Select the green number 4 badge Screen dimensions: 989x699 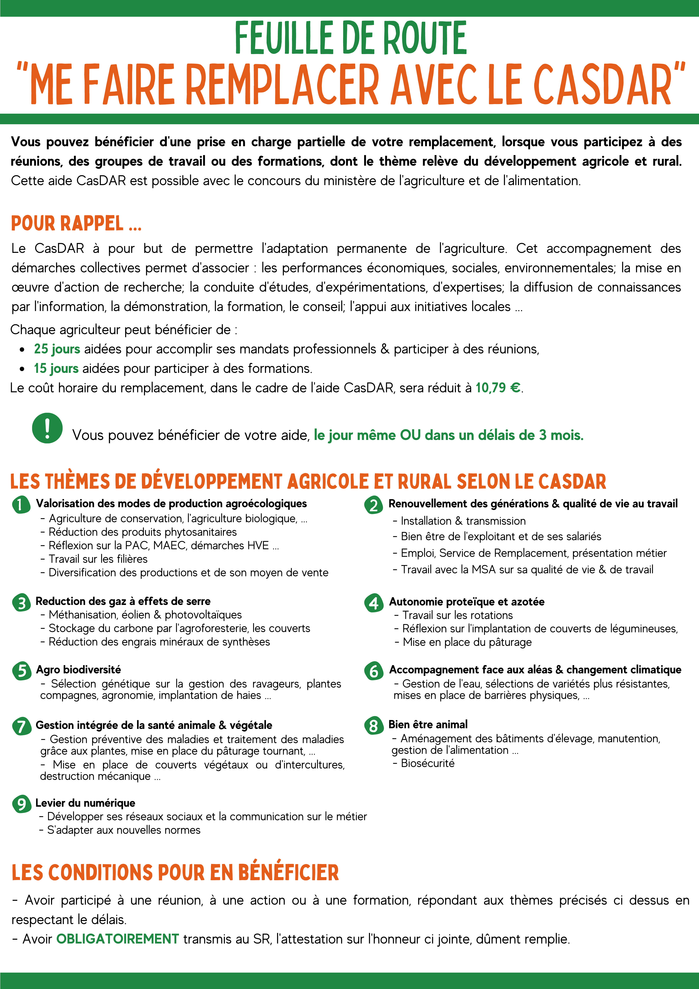[x=373, y=603]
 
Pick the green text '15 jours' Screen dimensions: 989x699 [x=56, y=368]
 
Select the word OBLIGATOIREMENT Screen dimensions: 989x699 [x=118, y=939]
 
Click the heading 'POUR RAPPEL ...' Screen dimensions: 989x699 [x=76, y=224]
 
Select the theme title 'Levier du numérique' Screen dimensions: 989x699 [x=85, y=803]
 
